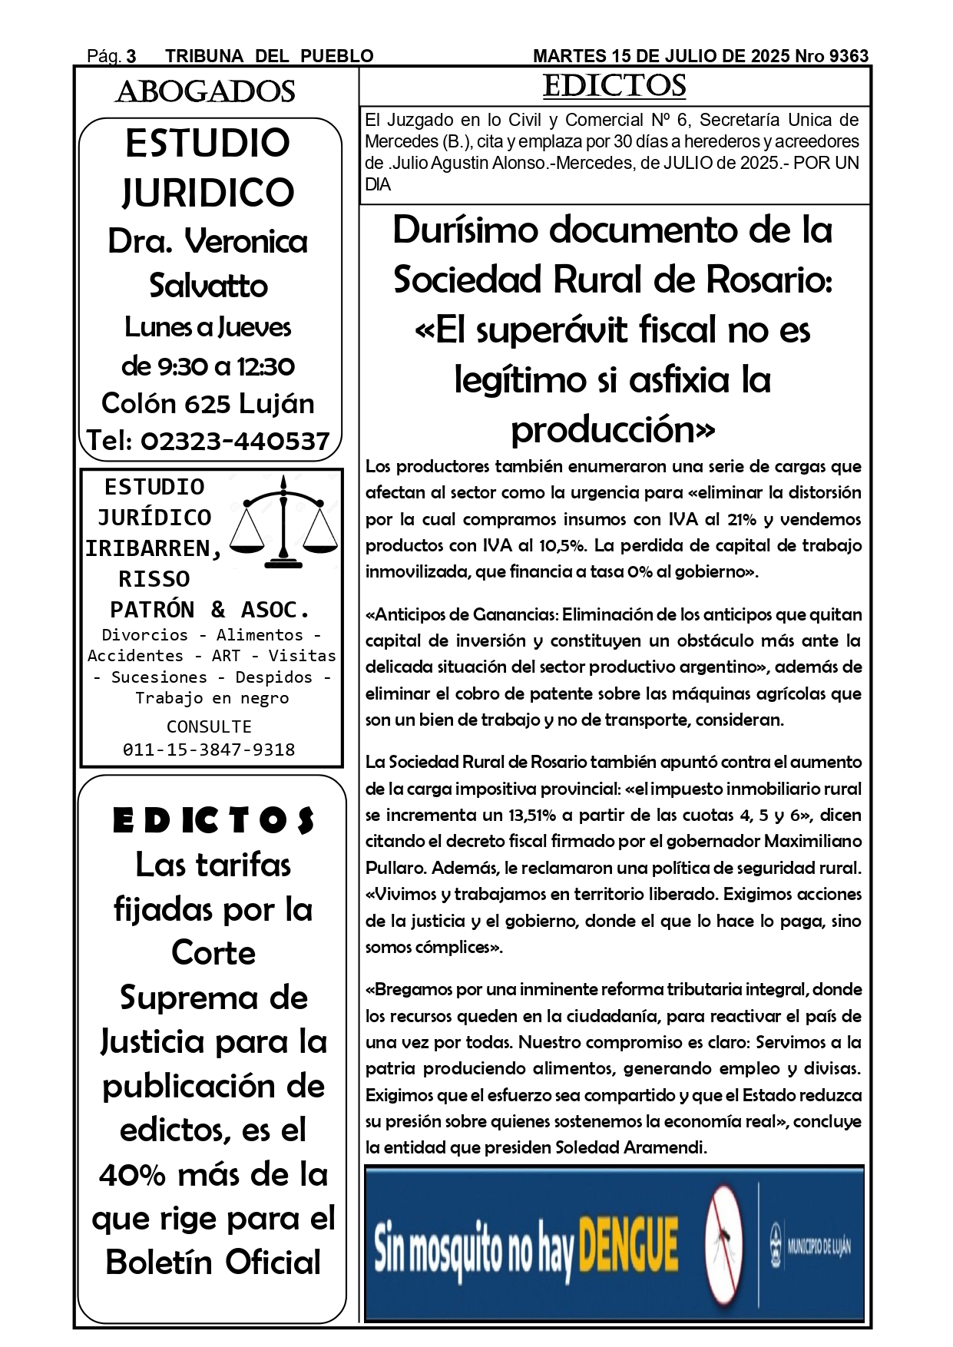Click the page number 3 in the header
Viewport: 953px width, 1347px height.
point(131,56)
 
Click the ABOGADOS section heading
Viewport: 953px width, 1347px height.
point(205,92)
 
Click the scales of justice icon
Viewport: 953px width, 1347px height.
point(284,521)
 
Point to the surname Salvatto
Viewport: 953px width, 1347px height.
point(208,286)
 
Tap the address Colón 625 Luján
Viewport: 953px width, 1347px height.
point(207,403)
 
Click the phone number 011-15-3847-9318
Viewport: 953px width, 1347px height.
point(209,750)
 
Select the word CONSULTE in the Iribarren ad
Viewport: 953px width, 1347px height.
point(209,726)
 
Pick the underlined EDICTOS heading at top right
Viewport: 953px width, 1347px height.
point(614,86)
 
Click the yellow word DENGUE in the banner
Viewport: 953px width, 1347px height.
point(627,1246)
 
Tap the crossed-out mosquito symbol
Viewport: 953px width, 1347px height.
point(723,1244)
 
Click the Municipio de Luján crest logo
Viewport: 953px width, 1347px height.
point(776,1246)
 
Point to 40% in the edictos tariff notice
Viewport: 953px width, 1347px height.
point(129,1174)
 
